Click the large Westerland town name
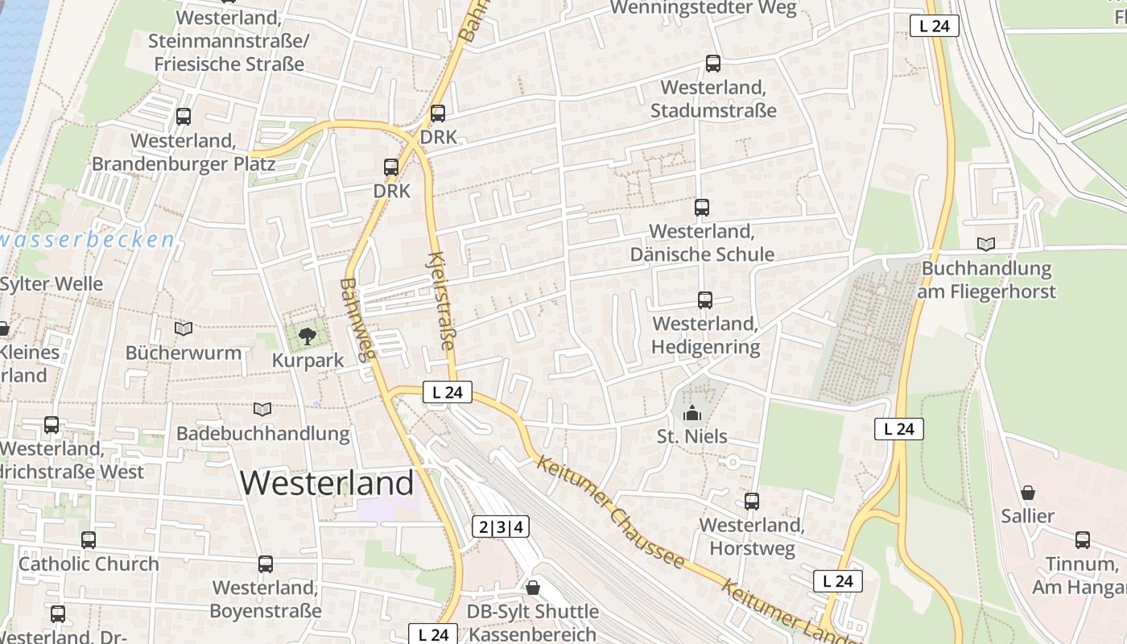(x=327, y=483)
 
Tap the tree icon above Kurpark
(x=307, y=336)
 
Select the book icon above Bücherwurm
(x=184, y=328)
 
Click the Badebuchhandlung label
(x=263, y=434)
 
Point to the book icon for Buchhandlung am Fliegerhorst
(x=986, y=244)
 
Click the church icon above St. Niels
(x=691, y=414)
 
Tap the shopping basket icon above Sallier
(x=1027, y=493)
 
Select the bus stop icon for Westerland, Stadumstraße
(x=712, y=64)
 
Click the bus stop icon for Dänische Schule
(x=702, y=208)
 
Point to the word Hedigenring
(x=706, y=347)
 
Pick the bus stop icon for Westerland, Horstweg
(x=752, y=502)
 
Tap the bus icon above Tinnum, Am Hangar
(x=1083, y=540)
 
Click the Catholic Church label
(x=89, y=563)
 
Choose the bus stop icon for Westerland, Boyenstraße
(x=266, y=564)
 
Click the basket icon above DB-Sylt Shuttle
(x=532, y=588)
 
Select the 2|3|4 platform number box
(x=501, y=527)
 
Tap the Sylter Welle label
(x=52, y=284)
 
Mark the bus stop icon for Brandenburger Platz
(x=184, y=117)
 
